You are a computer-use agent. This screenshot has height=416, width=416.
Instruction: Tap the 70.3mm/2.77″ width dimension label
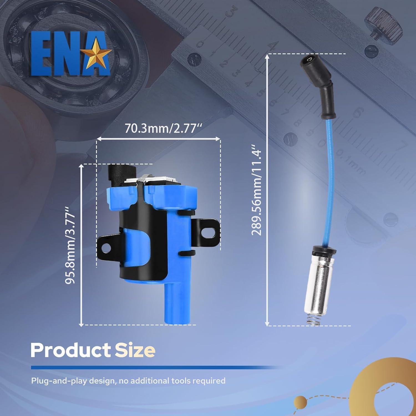point(164,128)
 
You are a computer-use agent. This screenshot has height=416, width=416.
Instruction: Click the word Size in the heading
point(135,351)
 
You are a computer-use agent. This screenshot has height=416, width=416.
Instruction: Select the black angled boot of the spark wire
point(319,83)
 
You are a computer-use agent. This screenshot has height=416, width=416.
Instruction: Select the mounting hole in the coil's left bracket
point(105,249)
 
